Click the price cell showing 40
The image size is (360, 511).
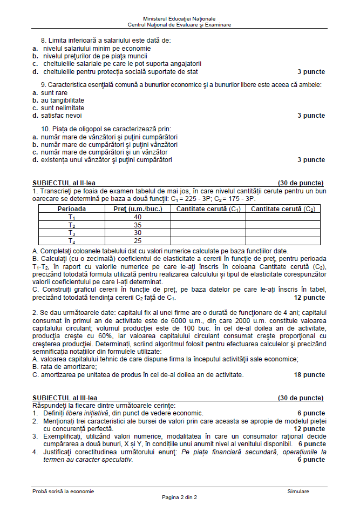click(x=138, y=217)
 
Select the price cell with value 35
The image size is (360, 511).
click(x=138, y=225)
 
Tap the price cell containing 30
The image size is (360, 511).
click(x=138, y=233)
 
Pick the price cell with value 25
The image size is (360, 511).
click(x=138, y=241)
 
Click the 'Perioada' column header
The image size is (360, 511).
click(x=71, y=209)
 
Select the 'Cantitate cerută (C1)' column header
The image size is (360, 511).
click(x=208, y=209)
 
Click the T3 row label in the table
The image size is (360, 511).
click(x=71, y=233)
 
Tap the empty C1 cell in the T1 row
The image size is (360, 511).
click(x=208, y=217)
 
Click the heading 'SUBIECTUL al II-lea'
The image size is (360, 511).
click(x=64, y=183)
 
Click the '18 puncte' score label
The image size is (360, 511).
click(x=309, y=374)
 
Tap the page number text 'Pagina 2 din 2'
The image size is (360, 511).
click(x=180, y=497)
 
